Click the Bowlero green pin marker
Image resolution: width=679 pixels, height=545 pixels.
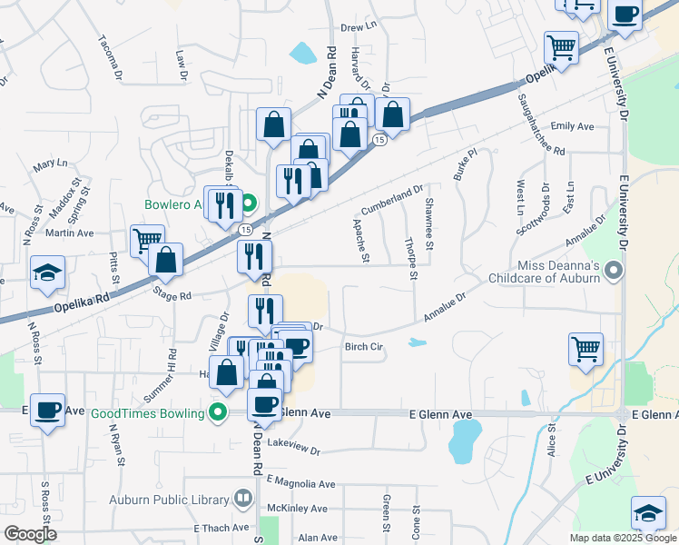(251, 204)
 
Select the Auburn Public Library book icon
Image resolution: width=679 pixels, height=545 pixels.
(242, 498)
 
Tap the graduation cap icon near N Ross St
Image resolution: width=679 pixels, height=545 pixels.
(46, 273)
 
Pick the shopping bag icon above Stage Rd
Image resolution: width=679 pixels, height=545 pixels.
(167, 260)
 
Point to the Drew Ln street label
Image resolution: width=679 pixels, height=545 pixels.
(358, 28)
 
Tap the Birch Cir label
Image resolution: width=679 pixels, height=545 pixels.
(365, 346)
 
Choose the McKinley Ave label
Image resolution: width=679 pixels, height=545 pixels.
(298, 508)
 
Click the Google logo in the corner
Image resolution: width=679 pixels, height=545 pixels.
(29, 534)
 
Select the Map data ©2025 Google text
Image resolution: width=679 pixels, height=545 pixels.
(622, 537)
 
